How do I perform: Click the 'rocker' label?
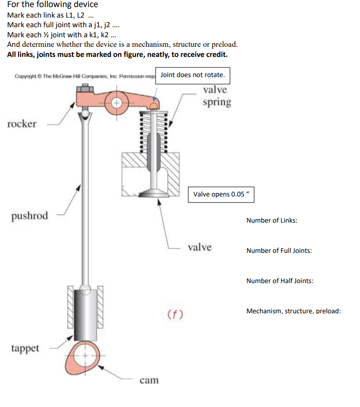[x=22, y=124]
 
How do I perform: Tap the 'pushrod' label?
[x=30, y=216]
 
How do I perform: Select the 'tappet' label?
[x=25, y=348]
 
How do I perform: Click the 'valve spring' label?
[x=217, y=96]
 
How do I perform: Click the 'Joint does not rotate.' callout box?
[x=193, y=75]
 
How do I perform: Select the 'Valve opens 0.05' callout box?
[x=222, y=194]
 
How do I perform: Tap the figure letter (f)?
[x=175, y=314]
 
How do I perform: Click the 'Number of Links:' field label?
[x=271, y=221]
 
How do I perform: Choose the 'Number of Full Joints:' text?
[x=279, y=250]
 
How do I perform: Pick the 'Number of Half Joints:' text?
[x=280, y=281]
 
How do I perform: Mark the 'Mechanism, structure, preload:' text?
[x=294, y=311]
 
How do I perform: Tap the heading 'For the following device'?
[x=52, y=5]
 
